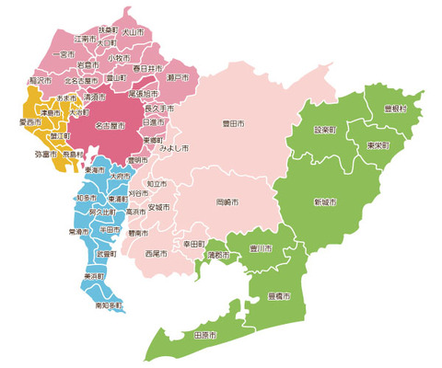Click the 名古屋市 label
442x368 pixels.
[110, 126]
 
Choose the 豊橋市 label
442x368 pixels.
[279, 297]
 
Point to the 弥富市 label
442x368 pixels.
[45, 155]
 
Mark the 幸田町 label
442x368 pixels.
[193, 244]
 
